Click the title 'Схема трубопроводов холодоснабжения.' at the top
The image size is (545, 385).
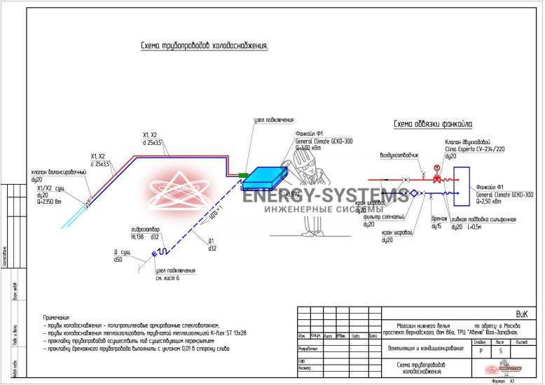click(x=205, y=46)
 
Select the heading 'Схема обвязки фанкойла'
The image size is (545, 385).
click(x=432, y=125)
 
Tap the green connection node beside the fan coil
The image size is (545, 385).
click(x=243, y=174)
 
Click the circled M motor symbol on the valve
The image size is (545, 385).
click(x=437, y=168)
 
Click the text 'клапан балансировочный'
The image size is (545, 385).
click(x=59, y=172)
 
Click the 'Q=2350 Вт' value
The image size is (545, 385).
click(x=50, y=202)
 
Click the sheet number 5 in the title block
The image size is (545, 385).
click(x=500, y=351)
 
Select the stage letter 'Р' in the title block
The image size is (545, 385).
click(x=481, y=351)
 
